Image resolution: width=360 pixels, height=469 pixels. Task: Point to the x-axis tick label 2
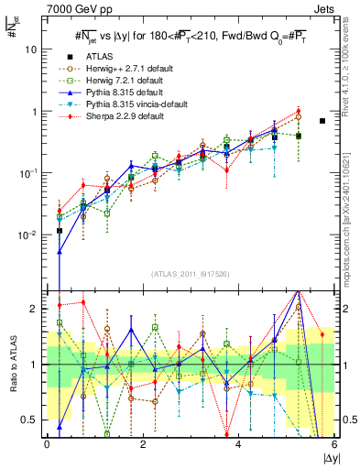point(143,445)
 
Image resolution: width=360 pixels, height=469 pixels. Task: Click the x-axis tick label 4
point(239,445)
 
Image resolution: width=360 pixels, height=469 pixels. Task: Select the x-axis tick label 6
point(334,445)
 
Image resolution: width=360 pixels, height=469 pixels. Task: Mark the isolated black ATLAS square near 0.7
point(322,121)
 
